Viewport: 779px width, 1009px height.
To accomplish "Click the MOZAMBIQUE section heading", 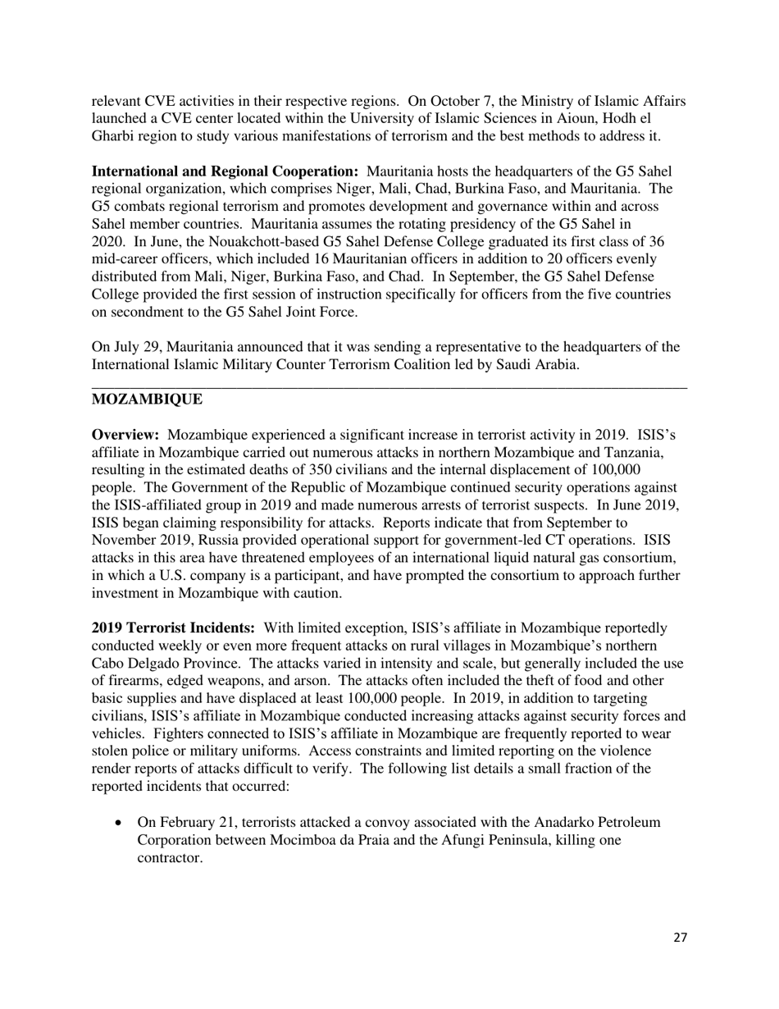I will tap(147, 399).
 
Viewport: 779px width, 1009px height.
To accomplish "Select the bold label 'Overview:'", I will tap(125, 434).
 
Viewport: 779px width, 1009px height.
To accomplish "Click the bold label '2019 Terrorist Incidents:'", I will tap(173, 628).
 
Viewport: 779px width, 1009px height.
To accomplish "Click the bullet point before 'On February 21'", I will tap(121, 823).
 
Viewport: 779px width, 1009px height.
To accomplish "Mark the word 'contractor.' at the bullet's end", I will tap(170, 858).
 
